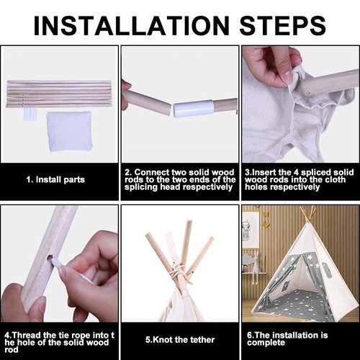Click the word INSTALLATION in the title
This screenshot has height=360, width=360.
(x=132, y=26)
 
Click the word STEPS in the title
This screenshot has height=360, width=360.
(x=282, y=26)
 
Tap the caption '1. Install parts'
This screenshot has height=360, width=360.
(x=55, y=179)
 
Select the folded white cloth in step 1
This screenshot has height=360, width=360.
(x=69, y=131)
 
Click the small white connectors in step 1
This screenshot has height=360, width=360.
(x=30, y=114)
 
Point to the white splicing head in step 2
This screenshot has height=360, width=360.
(x=194, y=109)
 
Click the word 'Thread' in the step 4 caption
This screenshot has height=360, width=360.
(x=27, y=335)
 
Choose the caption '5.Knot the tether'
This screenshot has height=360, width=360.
(x=180, y=340)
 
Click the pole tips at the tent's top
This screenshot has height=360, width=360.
(x=307, y=214)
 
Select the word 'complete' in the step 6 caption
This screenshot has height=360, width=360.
(x=266, y=343)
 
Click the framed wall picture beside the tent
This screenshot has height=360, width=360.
(x=250, y=230)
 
